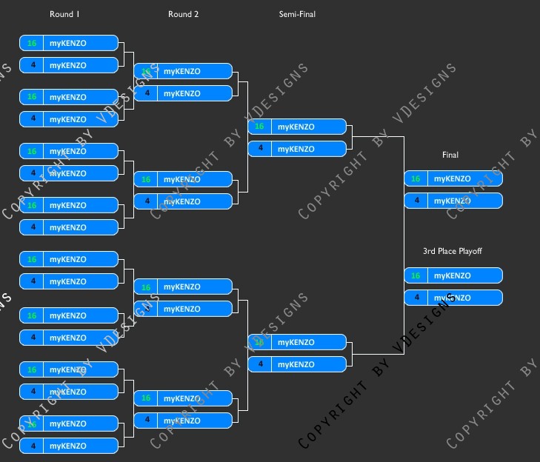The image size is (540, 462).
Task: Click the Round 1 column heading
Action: coord(64,14)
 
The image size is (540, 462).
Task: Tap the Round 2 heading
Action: coord(183,14)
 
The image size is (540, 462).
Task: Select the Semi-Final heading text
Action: coord(297,14)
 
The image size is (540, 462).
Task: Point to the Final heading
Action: coord(450,155)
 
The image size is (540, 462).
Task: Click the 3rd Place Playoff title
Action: coord(452,251)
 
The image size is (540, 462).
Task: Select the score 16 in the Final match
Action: coord(415,178)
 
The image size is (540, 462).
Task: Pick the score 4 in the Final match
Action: coord(415,201)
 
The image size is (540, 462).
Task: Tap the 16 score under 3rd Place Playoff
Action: coord(415,275)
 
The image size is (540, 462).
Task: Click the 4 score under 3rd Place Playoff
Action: coord(415,298)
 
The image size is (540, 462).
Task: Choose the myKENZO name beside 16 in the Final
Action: coord(452,178)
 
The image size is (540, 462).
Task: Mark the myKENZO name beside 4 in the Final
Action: coord(452,201)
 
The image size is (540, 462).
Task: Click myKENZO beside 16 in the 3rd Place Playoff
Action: coord(452,275)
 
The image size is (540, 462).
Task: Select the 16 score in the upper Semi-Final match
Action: coord(259,127)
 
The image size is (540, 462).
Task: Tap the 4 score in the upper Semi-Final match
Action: coord(259,149)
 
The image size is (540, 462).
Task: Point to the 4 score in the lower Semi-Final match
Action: coord(259,364)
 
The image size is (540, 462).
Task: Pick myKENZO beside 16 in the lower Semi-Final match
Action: coord(296,342)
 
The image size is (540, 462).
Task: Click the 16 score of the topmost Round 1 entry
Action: coord(32,43)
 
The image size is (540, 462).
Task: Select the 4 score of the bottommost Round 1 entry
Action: coord(32,446)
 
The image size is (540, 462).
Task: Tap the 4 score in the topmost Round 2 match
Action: coord(146,93)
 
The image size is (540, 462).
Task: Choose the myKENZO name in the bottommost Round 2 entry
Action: coord(181,421)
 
